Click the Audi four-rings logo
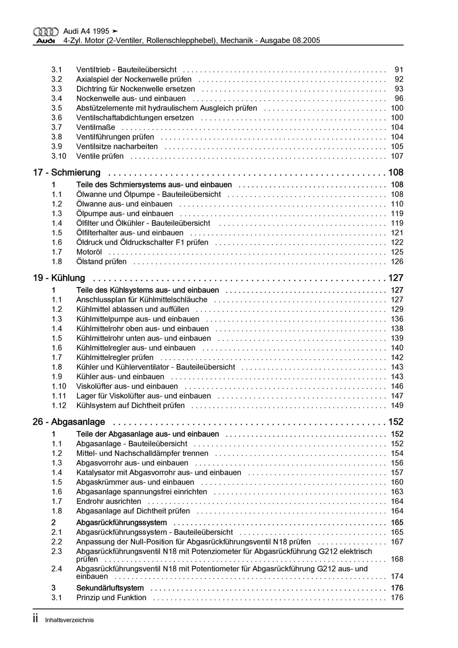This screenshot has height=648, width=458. [46, 32]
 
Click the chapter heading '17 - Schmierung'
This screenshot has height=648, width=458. [66, 172]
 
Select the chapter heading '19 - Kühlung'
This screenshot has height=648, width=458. [59, 278]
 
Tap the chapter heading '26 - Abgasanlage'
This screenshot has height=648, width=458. [69, 422]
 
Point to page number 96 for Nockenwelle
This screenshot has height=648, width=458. [399, 99]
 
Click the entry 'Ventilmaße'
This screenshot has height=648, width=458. [96, 127]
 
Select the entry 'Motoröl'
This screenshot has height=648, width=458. [89, 252]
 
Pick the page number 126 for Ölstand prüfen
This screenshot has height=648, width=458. [397, 262]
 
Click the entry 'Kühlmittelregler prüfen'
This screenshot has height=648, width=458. [115, 357]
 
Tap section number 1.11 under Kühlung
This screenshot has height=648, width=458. [59, 396]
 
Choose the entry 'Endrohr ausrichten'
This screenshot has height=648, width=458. [109, 501]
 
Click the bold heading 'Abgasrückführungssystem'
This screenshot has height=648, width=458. [122, 522]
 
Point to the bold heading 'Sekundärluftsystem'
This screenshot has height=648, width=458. [110, 588]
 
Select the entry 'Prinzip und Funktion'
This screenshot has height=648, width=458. [111, 598]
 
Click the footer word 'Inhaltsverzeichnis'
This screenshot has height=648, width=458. [70, 620]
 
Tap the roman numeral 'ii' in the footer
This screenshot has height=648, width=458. [35, 619]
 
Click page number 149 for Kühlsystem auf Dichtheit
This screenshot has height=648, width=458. [397, 406]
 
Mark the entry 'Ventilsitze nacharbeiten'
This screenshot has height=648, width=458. [117, 146]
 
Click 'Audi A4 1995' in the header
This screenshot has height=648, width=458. [86, 31]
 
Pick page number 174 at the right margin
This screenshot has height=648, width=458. [397, 576]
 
